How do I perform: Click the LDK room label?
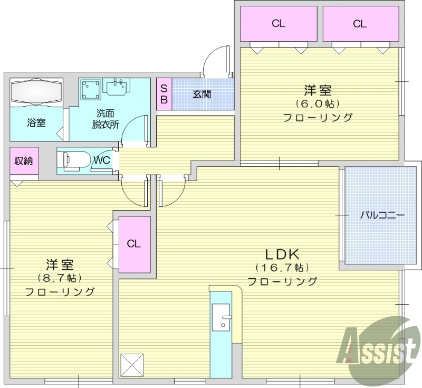click(x=282, y=253)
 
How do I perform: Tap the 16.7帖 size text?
click(x=282, y=268)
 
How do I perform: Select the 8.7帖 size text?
click(x=60, y=277)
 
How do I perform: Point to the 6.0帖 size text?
click(x=317, y=103)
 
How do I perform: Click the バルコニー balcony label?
click(x=382, y=215)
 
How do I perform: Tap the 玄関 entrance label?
click(x=202, y=94)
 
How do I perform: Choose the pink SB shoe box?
click(x=164, y=94)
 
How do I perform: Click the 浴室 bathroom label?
click(x=36, y=123)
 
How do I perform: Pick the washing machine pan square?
click(x=91, y=89)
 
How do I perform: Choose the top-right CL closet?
click(x=360, y=24)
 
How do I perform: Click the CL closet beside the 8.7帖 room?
click(x=134, y=244)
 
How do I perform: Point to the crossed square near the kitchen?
click(x=132, y=364)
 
